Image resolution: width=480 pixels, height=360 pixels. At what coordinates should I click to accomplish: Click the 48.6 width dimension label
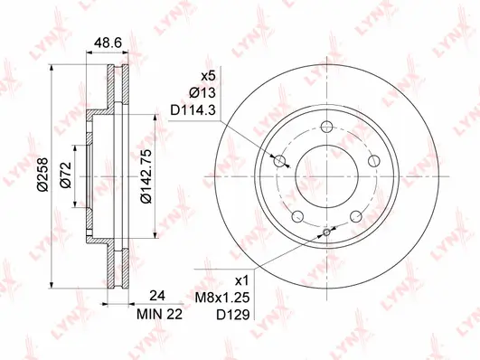click(x=109, y=42)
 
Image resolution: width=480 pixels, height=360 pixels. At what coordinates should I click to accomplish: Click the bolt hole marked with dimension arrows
click(x=279, y=162)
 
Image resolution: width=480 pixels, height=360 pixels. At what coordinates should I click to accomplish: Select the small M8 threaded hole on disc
click(x=325, y=232)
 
